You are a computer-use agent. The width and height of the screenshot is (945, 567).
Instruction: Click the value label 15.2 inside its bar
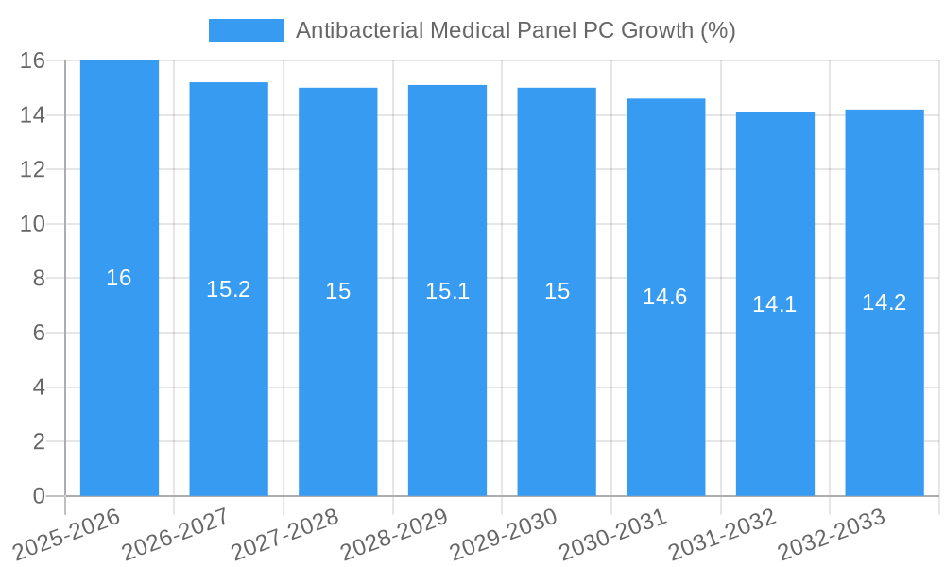[229, 289]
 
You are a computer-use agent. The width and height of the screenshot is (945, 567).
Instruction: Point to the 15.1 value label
[447, 291]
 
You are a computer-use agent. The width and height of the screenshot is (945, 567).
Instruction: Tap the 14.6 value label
[665, 297]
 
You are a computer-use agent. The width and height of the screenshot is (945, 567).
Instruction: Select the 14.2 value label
[884, 302]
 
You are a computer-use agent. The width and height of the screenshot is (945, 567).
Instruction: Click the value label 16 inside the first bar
[119, 278]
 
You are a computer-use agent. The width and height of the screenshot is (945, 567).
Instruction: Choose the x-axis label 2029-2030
[504, 533]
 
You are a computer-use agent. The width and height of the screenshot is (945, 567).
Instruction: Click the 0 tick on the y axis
[39, 496]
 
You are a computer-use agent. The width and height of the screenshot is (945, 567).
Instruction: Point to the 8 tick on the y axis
[39, 279]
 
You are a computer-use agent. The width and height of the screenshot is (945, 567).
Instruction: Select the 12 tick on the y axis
[33, 170]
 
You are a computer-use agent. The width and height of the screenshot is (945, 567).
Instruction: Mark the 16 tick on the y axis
[33, 60]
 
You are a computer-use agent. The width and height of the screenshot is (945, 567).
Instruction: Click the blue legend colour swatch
[246, 30]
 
